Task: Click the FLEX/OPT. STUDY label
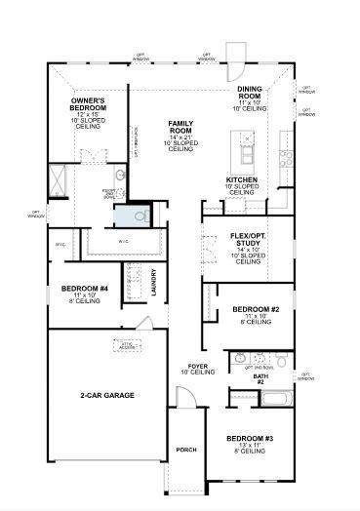(250, 241)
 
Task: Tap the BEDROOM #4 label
(84, 289)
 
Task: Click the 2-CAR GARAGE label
(107, 395)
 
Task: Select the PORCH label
(186, 450)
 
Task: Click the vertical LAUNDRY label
(154, 282)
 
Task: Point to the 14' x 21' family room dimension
(181, 137)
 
